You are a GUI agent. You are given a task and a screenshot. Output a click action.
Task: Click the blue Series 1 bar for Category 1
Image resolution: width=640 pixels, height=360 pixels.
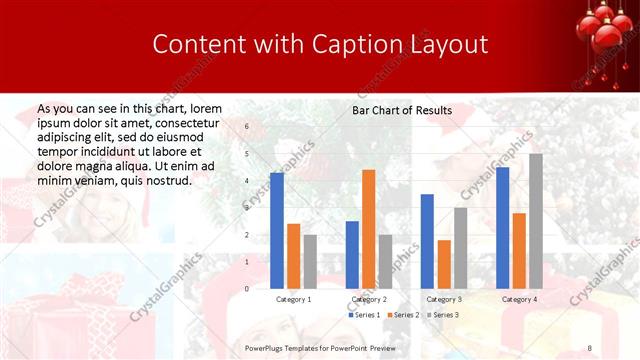(277, 231)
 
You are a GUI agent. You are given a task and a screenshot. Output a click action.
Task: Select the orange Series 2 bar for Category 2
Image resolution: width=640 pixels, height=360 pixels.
(369, 229)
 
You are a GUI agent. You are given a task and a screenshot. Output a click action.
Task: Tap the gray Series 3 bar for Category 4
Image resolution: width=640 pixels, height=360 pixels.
(536, 221)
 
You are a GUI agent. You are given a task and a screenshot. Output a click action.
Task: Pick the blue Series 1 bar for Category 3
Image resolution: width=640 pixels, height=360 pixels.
(427, 241)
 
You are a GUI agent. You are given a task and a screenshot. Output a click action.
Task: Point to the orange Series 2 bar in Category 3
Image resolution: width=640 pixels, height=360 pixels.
(444, 264)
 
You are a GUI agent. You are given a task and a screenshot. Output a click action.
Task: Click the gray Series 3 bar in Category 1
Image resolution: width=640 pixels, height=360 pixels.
(310, 262)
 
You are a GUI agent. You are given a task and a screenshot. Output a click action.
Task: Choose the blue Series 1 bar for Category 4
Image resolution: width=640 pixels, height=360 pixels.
(502, 228)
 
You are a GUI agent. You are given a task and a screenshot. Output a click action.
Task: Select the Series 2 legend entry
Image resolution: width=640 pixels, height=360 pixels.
(403, 315)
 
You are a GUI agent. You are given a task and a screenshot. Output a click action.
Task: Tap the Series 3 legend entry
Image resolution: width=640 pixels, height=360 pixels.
(442, 315)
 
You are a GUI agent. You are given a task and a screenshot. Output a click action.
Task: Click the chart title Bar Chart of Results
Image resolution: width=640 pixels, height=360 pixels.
(402, 110)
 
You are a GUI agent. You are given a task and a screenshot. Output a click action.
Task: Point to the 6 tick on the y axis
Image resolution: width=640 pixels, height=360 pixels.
(247, 127)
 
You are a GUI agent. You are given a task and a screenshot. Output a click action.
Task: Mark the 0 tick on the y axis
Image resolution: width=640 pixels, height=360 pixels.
(247, 289)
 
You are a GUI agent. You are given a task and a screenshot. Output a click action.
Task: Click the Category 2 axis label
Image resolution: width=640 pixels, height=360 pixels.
(369, 299)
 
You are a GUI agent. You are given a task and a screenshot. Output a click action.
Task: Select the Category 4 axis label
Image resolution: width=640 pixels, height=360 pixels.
(519, 299)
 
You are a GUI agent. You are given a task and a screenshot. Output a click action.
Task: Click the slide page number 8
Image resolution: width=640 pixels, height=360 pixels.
(590, 346)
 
